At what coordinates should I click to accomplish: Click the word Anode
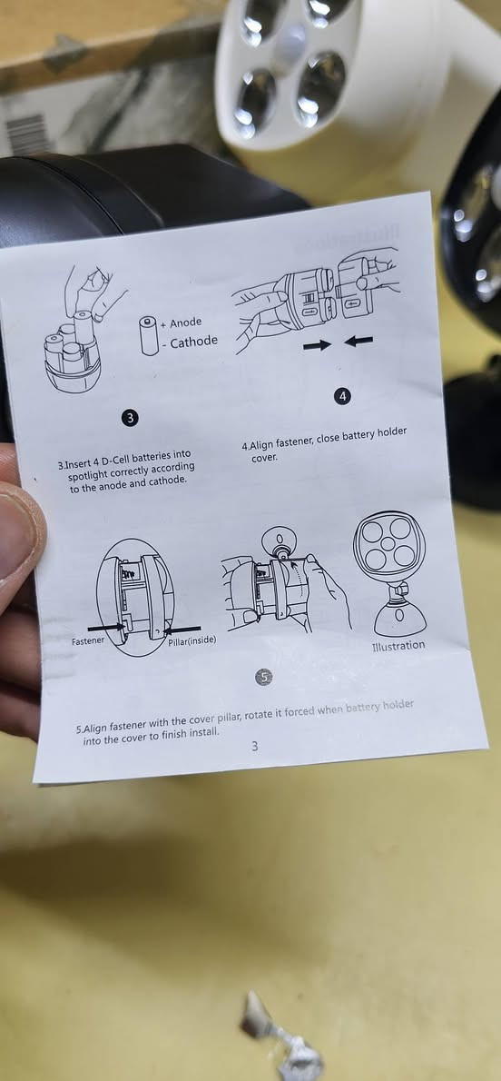click(x=186, y=322)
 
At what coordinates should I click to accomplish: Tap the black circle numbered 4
click(x=342, y=396)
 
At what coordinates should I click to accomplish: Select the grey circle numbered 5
click(x=263, y=677)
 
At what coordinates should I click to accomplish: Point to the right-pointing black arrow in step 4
click(x=317, y=344)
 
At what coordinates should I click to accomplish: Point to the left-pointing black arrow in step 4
click(x=359, y=341)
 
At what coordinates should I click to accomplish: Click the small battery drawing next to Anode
click(x=150, y=335)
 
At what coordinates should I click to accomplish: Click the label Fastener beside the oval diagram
click(x=88, y=640)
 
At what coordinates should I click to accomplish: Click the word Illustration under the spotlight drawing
click(x=398, y=646)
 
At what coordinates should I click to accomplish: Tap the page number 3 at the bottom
click(x=254, y=745)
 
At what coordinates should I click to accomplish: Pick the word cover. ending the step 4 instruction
click(x=265, y=457)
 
